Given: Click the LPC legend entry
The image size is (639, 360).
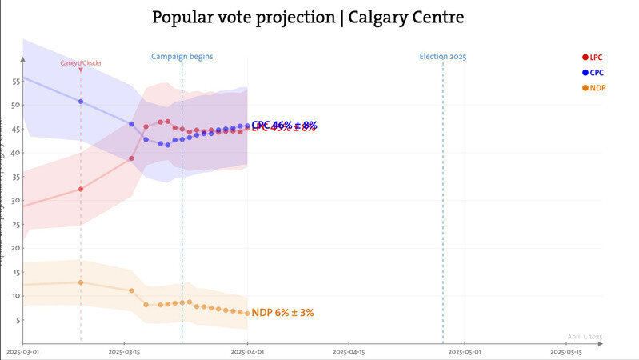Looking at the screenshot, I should (x=593, y=57).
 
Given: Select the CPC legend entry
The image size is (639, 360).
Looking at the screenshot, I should (x=593, y=72).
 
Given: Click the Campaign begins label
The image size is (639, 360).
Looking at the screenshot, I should (x=182, y=57).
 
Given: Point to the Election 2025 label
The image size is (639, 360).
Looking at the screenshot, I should (x=442, y=57).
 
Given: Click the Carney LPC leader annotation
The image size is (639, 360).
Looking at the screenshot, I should (x=82, y=62).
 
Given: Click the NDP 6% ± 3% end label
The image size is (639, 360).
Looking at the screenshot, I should (x=282, y=313).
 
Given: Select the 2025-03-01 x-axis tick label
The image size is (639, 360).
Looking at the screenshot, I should (x=23, y=351).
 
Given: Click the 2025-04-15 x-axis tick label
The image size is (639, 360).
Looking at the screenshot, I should (x=349, y=351).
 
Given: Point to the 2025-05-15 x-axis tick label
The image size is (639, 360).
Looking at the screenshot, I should (x=565, y=351).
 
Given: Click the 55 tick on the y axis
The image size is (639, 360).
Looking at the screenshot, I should (x=16, y=82).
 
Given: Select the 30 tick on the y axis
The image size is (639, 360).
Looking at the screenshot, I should (x=16, y=201).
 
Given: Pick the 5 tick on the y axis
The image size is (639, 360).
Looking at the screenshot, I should (x=18, y=320).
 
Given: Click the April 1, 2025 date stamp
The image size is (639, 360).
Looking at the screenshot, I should (x=585, y=337).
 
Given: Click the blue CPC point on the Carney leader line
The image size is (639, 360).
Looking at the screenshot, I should (x=81, y=102).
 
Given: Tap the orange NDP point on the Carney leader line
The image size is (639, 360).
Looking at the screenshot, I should (x=81, y=282).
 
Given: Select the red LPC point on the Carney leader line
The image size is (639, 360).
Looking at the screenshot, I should (x=81, y=189).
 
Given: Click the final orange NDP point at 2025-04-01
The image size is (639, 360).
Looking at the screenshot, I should (x=247, y=313).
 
